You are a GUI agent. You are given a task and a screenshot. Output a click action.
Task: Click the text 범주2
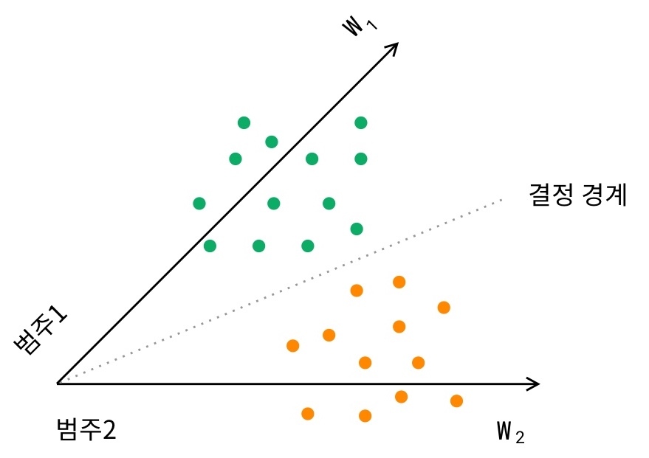[x=86, y=429]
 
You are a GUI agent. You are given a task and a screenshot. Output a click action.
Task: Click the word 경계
[x=605, y=195]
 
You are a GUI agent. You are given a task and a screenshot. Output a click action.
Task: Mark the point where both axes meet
[x=58, y=384]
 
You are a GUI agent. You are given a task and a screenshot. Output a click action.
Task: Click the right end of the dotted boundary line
[x=501, y=199]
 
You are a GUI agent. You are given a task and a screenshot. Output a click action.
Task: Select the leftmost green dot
[x=199, y=203]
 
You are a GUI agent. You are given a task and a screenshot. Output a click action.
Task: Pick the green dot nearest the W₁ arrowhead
[x=360, y=122]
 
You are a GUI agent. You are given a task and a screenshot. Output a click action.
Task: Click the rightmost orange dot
[x=456, y=400]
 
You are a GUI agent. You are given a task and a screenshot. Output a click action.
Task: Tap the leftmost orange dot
[x=292, y=345]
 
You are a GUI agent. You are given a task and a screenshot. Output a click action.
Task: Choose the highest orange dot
[x=399, y=281]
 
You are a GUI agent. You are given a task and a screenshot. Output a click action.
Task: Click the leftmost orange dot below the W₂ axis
[x=308, y=413]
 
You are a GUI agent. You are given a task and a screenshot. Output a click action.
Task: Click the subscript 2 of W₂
[x=521, y=437]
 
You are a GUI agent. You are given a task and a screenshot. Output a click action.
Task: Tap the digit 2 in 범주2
[x=109, y=429]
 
